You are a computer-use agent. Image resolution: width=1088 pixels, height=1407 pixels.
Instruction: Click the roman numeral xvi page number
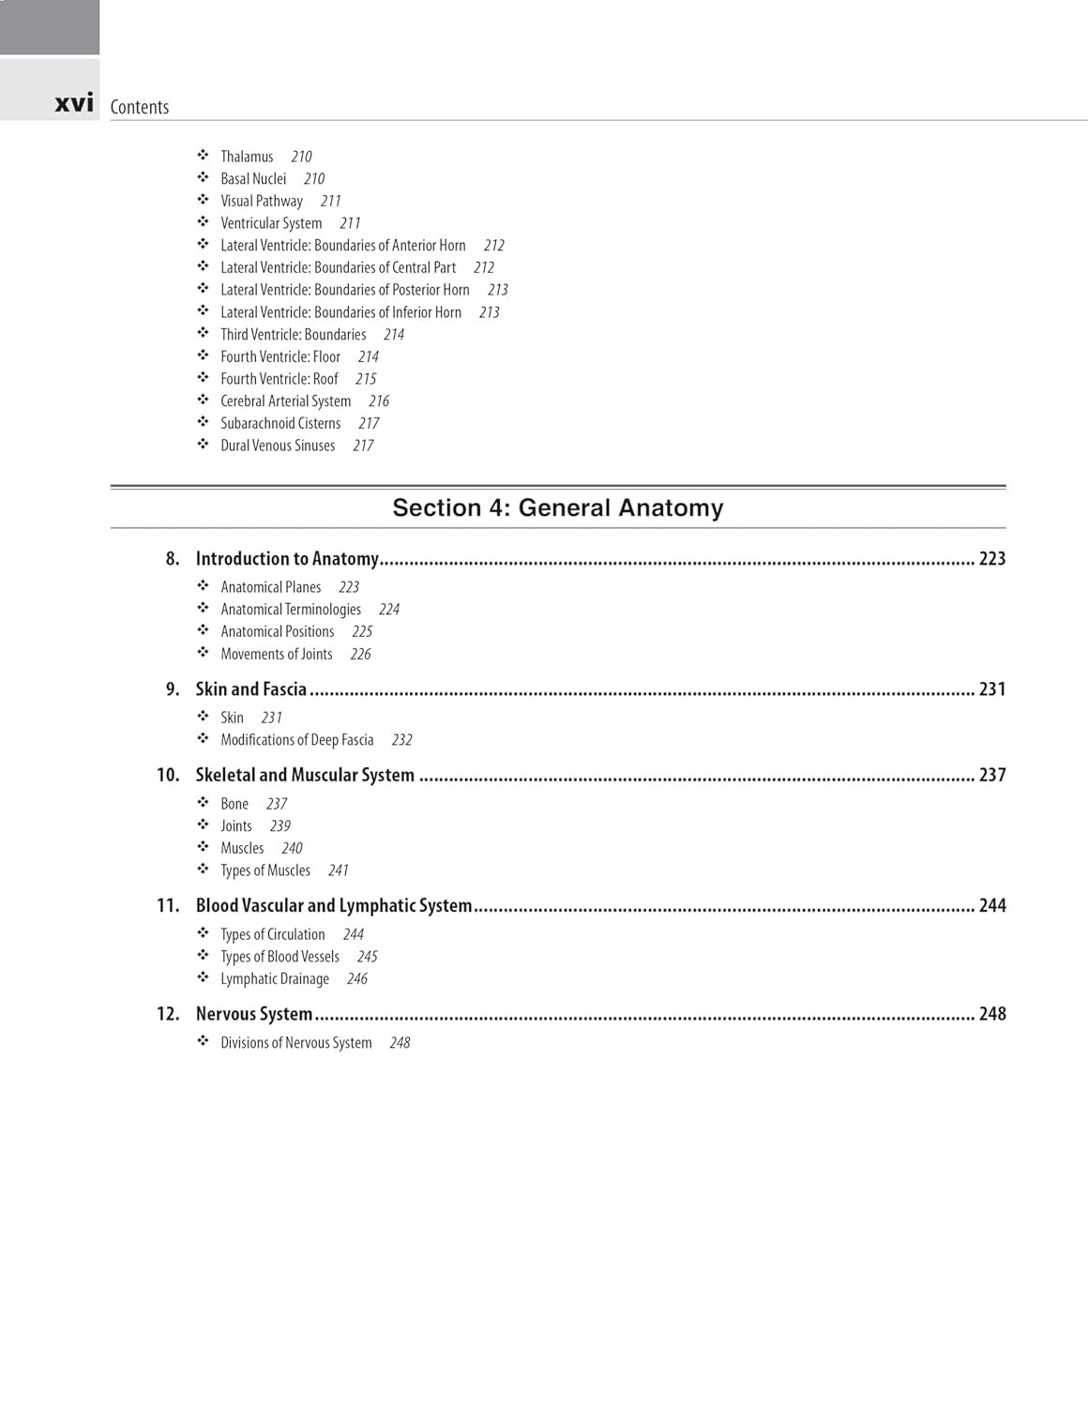(x=74, y=103)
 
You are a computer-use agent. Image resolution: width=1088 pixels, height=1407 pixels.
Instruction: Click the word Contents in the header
(x=140, y=107)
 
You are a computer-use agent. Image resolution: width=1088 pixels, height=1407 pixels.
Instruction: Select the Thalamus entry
(x=247, y=157)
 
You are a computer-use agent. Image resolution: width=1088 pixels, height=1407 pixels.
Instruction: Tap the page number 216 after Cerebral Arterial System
(x=379, y=401)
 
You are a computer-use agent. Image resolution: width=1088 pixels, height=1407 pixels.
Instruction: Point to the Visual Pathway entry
(x=262, y=201)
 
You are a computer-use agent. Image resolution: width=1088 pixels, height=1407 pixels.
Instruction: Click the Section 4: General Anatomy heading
(x=558, y=507)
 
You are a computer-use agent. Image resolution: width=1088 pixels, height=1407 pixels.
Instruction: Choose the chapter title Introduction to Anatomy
(x=287, y=559)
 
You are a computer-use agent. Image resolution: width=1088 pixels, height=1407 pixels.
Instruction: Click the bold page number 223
(x=991, y=559)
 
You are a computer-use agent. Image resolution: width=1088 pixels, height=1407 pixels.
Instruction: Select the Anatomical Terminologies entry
(x=291, y=610)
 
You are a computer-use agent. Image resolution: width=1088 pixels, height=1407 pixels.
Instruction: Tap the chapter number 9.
(x=173, y=689)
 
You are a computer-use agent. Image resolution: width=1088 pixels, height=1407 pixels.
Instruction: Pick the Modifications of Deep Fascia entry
(x=297, y=740)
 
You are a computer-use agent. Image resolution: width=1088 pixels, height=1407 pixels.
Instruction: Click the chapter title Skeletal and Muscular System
(x=305, y=776)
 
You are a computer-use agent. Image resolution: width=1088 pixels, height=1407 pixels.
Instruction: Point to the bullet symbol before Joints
(x=203, y=825)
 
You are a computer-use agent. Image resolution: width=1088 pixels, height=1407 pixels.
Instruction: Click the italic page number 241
(x=339, y=870)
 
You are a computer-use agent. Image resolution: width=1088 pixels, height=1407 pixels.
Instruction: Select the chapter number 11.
(x=168, y=906)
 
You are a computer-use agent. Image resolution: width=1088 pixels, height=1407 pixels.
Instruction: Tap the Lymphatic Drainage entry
(x=275, y=979)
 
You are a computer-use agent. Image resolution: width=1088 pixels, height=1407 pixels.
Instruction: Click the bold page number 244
(x=991, y=906)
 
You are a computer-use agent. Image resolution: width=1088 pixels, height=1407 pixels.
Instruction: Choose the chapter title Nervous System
(x=254, y=1014)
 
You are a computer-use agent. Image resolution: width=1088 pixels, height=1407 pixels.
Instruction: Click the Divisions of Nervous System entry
(x=296, y=1043)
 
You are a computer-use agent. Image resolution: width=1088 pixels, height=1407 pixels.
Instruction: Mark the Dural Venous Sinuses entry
(x=278, y=446)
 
